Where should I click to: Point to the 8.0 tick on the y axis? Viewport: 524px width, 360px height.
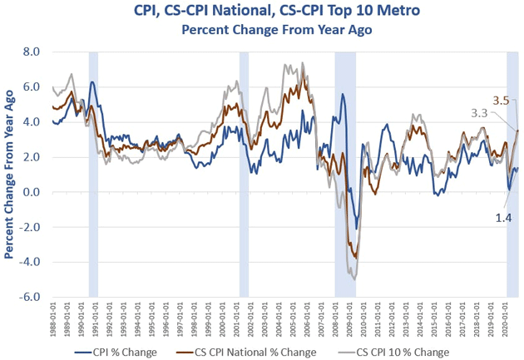(x=30, y=52)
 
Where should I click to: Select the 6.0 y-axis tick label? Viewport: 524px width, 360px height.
(x=30, y=86)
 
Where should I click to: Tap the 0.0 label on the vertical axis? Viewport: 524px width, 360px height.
(x=30, y=192)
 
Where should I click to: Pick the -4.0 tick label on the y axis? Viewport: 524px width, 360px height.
(x=28, y=262)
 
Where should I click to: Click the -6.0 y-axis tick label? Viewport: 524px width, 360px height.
(x=28, y=297)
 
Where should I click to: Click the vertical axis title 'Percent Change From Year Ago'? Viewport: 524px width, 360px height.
(x=11, y=175)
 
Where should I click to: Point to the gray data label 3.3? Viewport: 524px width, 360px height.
(x=480, y=111)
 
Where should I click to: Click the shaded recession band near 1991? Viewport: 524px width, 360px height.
(x=93, y=175)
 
